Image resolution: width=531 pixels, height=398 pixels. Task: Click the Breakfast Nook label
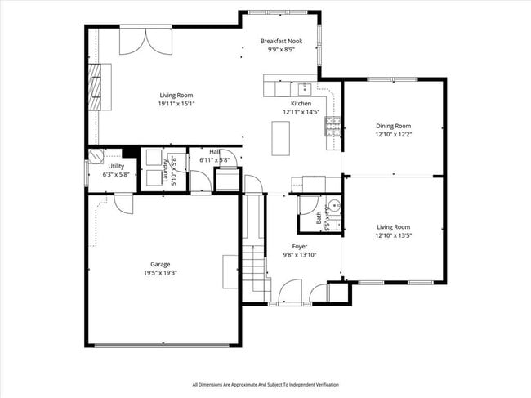pos(280,41)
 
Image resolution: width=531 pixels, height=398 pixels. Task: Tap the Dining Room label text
pos(393,126)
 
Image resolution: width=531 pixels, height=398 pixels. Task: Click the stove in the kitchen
pos(333,125)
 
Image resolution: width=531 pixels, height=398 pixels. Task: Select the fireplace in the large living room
pos(97,87)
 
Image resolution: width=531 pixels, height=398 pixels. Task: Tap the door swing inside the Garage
pos(123,203)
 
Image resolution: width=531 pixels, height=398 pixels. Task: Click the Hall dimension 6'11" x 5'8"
pos(214,160)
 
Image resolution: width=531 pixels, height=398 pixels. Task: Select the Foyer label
pos(301,246)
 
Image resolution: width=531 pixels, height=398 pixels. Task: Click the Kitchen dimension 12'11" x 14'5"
pos(297,112)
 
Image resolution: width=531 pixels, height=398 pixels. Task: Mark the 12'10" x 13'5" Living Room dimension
pos(393,235)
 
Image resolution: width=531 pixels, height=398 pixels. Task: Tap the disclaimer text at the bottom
pos(265,384)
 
